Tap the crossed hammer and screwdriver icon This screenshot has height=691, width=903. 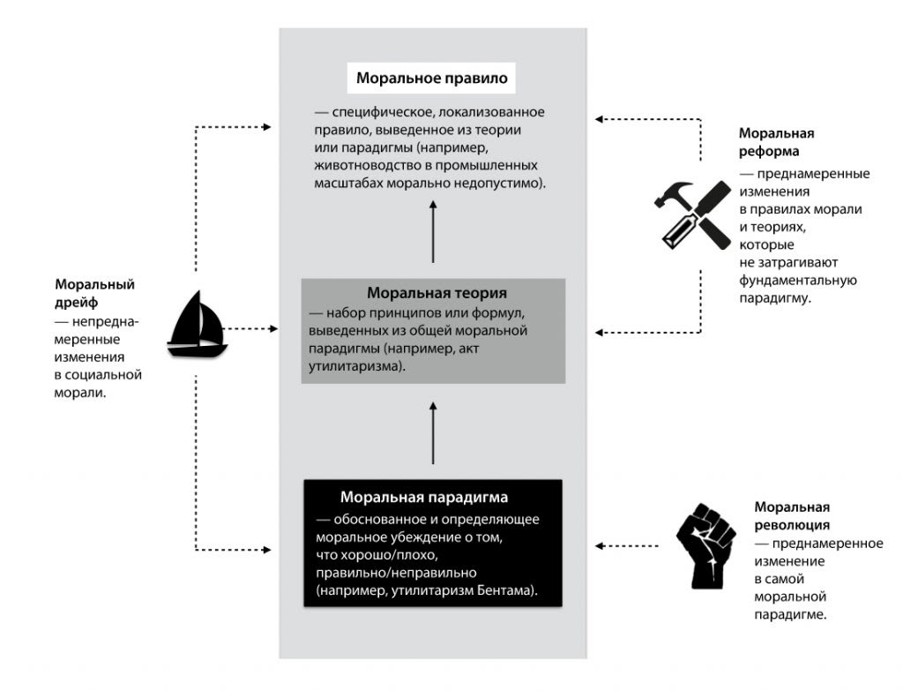coord(693,213)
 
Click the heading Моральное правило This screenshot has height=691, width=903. coord(432,78)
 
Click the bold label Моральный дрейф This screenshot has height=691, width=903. coord(94,292)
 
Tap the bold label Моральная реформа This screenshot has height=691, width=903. coord(776,141)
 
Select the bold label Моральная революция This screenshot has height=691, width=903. coord(792,515)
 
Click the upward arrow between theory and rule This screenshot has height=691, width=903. coord(433,231)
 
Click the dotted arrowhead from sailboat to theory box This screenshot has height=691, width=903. coord(274,328)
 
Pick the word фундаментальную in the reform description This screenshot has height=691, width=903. coord(799,281)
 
